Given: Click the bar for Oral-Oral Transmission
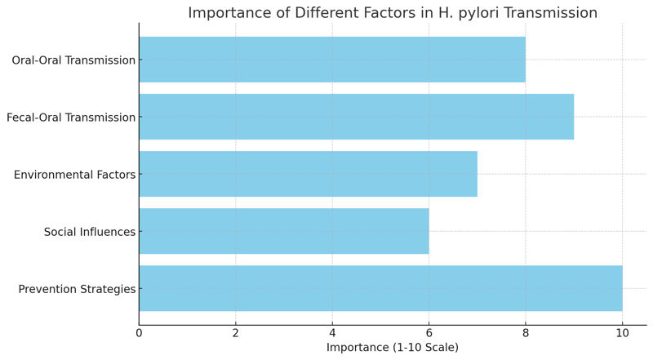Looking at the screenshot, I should (x=331, y=60).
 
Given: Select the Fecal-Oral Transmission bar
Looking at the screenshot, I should (x=356, y=117).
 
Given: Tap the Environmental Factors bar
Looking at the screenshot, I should (x=308, y=174).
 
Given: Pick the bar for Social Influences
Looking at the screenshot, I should (x=283, y=231).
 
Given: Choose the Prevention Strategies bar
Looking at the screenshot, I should (x=380, y=288).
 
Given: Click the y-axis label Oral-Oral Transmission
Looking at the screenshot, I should (x=73, y=60).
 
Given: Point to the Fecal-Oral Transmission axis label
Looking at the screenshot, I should (x=71, y=118).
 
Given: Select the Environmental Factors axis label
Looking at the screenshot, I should (x=74, y=175).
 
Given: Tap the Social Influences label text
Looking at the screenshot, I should (x=90, y=232).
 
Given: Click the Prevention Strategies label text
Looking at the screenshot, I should (x=77, y=289).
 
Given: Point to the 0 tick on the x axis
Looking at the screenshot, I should (x=139, y=333).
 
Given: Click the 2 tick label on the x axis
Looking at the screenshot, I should (x=236, y=333).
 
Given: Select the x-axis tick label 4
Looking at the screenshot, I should (x=332, y=333).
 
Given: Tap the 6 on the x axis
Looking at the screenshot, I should (x=429, y=333).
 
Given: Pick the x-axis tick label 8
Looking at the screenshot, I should (x=526, y=333).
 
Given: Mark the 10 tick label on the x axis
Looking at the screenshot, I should (x=622, y=333).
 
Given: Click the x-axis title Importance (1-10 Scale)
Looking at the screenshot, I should (x=393, y=348).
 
